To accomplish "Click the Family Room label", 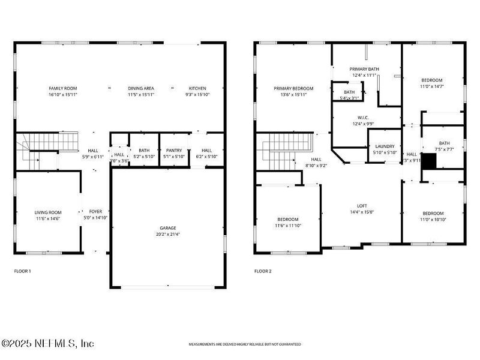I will pyautogui.click(x=59, y=88).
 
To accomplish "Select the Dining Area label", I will pyautogui.click(x=140, y=88).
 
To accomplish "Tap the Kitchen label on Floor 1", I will pyautogui.click(x=197, y=88).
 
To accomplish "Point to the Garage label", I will pyautogui.click(x=167, y=228).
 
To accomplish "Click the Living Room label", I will pyautogui.click(x=47, y=212).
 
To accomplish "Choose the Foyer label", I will pyautogui.click(x=95, y=212).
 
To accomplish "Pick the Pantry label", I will pyautogui.click(x=174, y=151).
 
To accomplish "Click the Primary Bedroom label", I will pyautogui.click(x=293, y=88).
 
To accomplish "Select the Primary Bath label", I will pyautogui.click(x=364, y=70).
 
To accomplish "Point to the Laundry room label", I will pyautogui.click(x=384, y=146).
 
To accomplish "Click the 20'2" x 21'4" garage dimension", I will pyautogui.click(x=167, y=234).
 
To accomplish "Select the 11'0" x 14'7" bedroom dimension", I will pyautogui.click(x=432, y=86).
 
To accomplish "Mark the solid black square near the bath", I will pyautogui.click(x=430, y=161).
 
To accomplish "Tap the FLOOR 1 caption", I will pyautogui.click(x=22, y=271).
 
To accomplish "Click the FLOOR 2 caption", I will pyautogui.click(x=263, y=271).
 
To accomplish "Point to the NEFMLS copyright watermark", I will pyautogui.click(x=48, y=344).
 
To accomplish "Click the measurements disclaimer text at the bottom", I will pyautogui.click(x=245, y=344).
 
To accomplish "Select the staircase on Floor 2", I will pyautogui.click(x=285, y=150).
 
